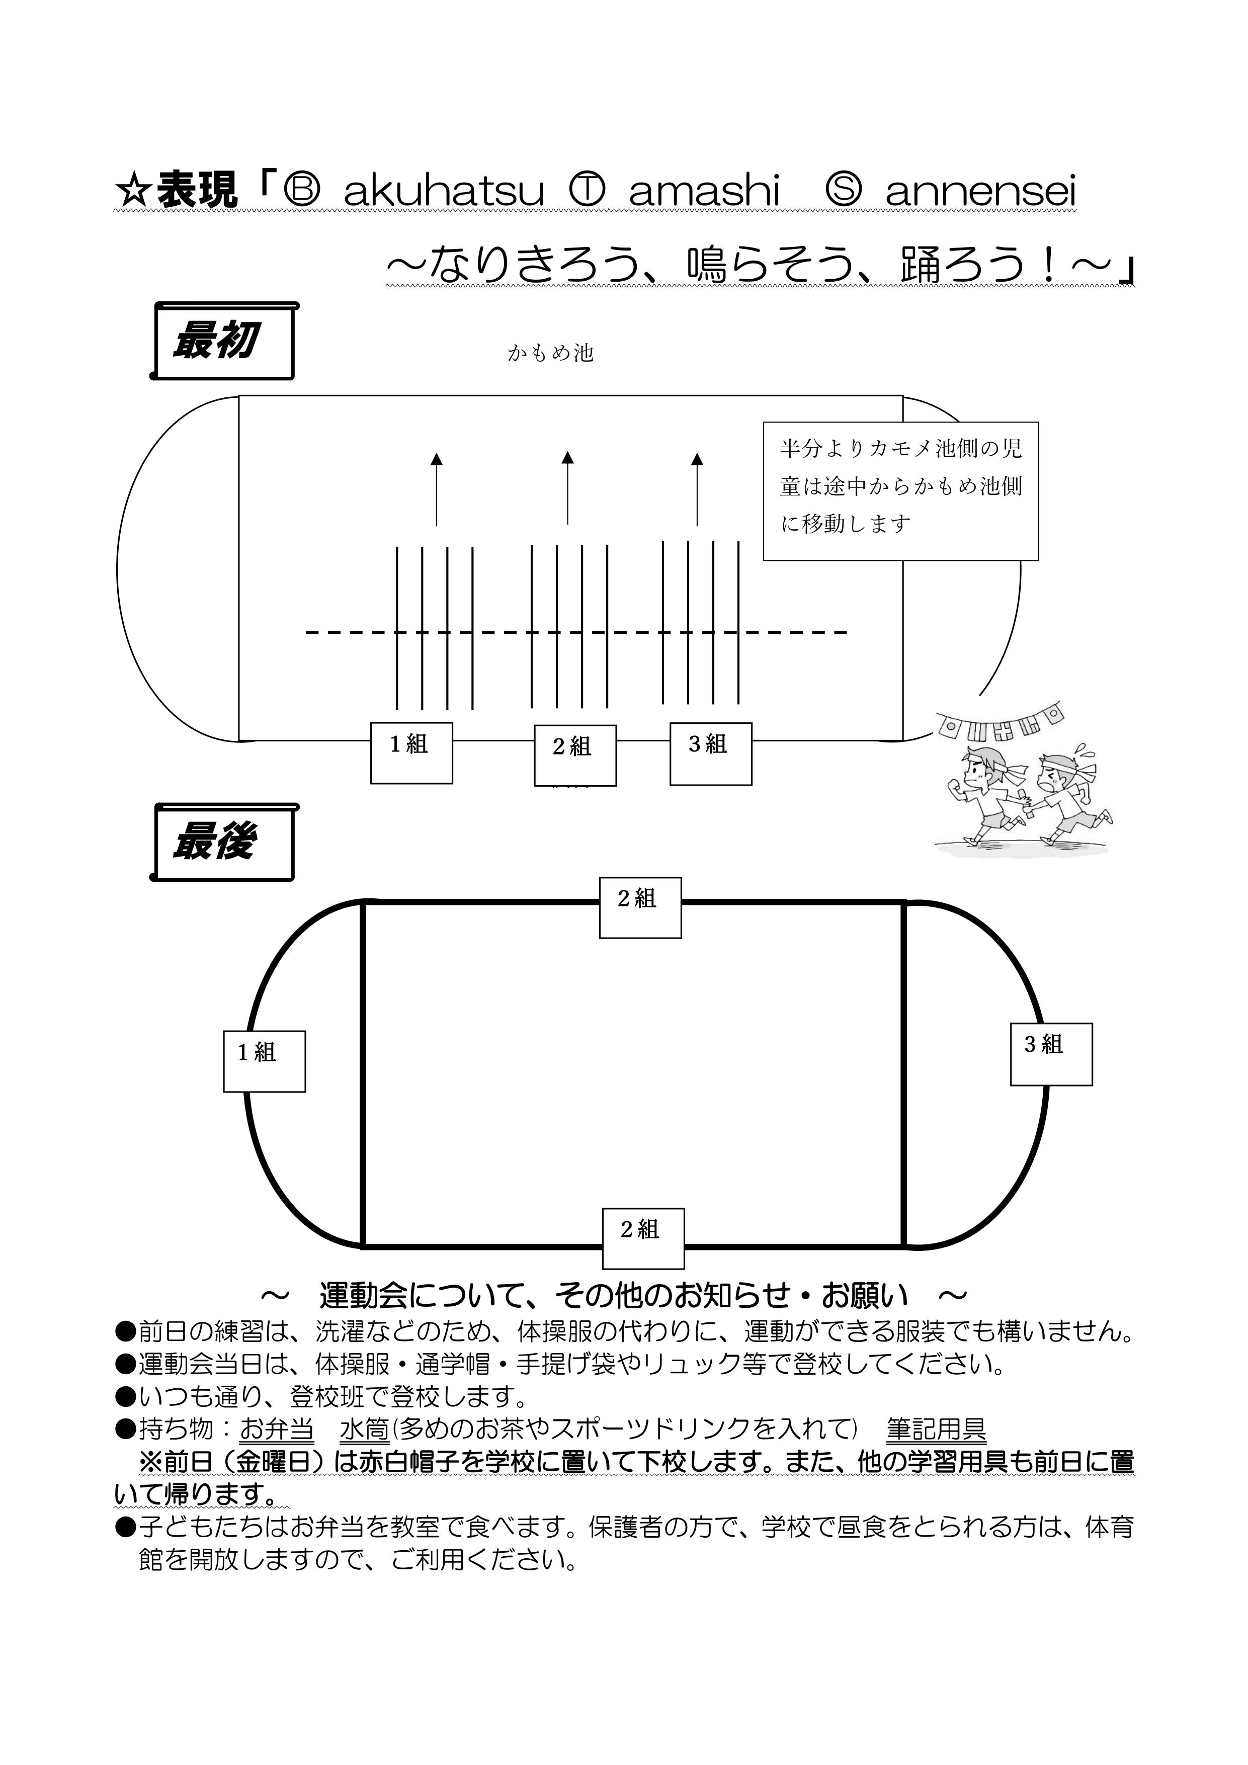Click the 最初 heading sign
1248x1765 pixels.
pos(222,341)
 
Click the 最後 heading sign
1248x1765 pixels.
pos(222,842)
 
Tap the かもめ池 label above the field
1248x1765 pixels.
pos(551,353)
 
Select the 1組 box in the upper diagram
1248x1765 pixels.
pos(411,752)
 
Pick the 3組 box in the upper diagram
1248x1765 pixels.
pos(710,753)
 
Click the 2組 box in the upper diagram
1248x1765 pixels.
pos(575,755)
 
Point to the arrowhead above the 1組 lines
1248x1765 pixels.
pos(437,459)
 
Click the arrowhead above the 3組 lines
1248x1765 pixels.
pos(697,459)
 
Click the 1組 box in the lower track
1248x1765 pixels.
pos(265,1061)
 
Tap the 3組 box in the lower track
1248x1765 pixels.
pos(1051,1054)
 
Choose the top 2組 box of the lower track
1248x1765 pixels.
pos(640,907)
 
